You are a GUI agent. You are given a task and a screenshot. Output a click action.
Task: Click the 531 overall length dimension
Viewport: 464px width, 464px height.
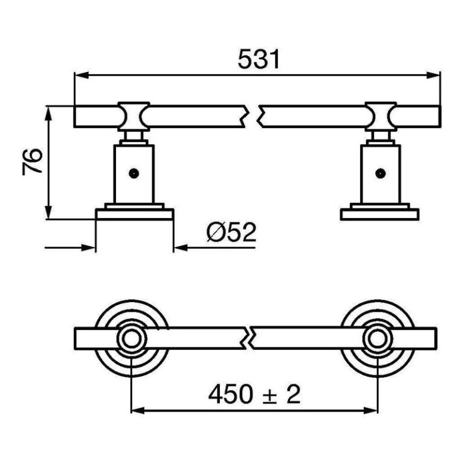[259, 59]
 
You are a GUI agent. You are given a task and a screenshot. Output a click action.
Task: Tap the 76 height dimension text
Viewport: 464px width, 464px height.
[32, 162]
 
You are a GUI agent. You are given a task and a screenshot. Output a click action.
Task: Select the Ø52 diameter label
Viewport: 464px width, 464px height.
[231, 232]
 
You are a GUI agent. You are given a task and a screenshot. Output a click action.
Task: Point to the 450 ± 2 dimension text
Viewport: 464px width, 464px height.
[254, 395]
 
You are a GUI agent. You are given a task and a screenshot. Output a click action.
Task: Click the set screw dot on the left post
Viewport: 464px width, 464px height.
[134, 173]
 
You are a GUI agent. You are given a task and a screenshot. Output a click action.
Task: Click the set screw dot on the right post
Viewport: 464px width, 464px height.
[380, 173]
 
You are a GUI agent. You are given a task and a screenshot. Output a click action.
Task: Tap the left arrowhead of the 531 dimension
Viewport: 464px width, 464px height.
[82, 75]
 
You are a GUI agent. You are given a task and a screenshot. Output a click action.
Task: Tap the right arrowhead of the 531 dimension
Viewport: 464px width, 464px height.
[433, 75]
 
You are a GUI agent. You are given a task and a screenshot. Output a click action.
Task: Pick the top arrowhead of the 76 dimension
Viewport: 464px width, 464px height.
[48, 114]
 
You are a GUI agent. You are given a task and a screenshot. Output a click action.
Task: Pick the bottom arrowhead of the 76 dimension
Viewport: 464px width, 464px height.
[48, 212]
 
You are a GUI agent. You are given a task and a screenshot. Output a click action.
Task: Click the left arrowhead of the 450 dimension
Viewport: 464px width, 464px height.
[138, 410]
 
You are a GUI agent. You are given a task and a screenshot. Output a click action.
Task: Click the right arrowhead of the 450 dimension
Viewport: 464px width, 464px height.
[370, 410]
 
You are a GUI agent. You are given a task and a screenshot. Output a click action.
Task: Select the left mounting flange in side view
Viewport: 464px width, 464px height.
[134, 214]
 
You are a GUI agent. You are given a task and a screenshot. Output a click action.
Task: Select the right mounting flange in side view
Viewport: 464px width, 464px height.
[379, 214]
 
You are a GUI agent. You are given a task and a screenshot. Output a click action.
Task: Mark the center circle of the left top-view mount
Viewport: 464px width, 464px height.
[132, 339]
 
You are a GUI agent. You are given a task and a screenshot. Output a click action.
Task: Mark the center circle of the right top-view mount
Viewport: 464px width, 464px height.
[378, 339]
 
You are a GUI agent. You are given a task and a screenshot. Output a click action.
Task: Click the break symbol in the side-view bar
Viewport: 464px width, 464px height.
[252, 116]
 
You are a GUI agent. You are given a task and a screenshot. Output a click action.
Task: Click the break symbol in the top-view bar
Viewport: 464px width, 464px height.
[249, 338]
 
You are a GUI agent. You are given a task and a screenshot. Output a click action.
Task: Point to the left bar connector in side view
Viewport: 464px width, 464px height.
[134, 116]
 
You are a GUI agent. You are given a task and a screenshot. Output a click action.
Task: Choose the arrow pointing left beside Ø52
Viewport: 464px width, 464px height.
[214, 247]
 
